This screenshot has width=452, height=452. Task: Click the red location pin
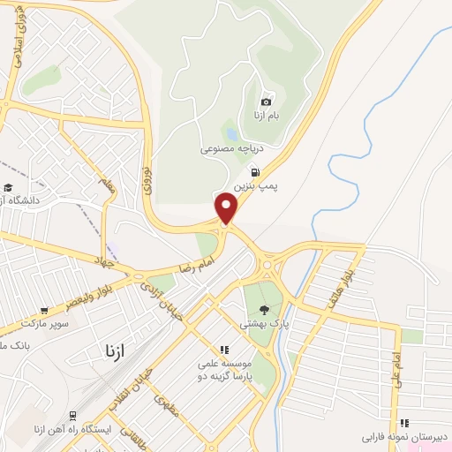pyautogui.click(x=227, y=207)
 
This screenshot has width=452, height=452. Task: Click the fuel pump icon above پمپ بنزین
pyautogui.click(x=254, y=173)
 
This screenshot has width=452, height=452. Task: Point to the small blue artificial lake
pyautogui.click(x=231, y=135)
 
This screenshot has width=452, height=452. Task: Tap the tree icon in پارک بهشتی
pyautogui.click(x=264, y=310)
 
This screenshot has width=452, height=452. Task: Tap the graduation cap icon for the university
pyautogui.click(x=8, y=187)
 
